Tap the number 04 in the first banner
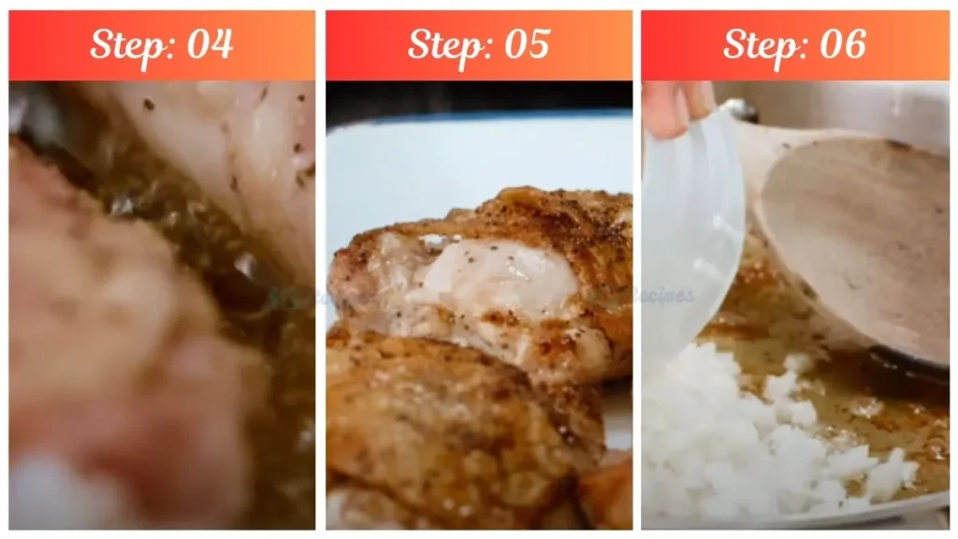point(209,45)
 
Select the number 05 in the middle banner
point(526,45)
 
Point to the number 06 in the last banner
point(841,45)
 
